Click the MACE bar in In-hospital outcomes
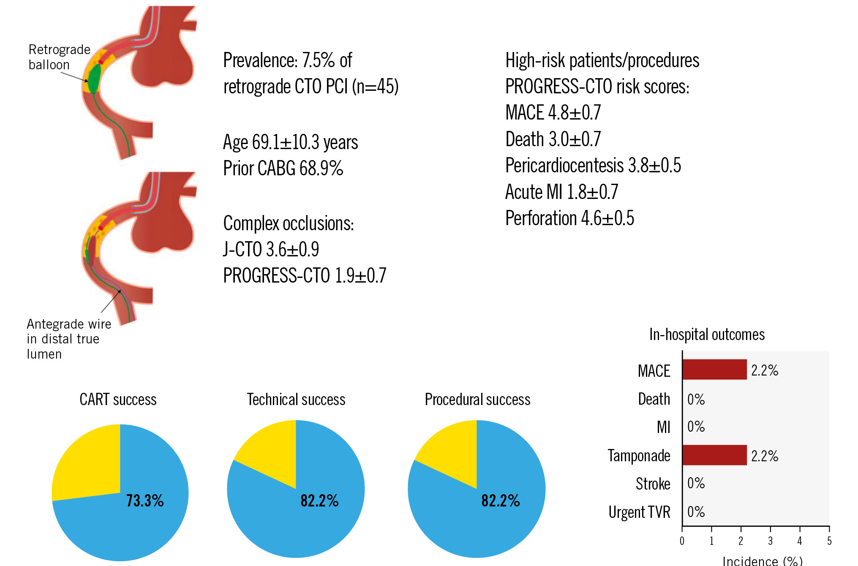(714, 370)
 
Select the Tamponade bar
(714, 455)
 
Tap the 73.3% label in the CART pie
(144, 501)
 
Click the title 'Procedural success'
(477, 400)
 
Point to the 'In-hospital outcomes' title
(707, 335)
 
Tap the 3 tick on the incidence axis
(770, 541)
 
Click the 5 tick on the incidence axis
(829, 541)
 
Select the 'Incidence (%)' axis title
(762, 561)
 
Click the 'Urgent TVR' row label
(639, 512)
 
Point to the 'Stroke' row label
(653, 484)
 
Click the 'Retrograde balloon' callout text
(59, 57)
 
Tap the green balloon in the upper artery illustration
(94, 78)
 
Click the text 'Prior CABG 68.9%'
(283, 169)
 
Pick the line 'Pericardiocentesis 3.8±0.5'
(593, 166)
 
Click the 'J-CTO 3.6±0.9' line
(271, 249)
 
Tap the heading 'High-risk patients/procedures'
(602, 60)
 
